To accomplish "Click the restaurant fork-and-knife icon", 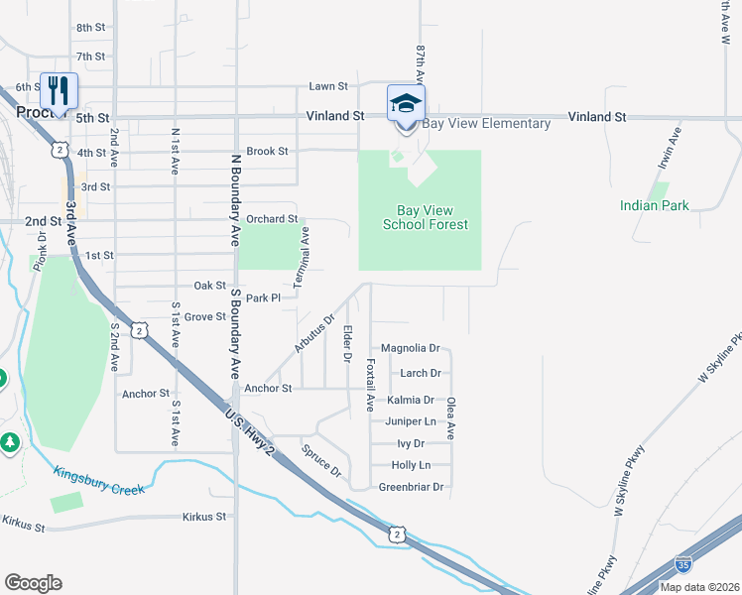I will [58, 91].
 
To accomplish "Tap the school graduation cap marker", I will [406, 103].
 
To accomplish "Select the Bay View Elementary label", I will [486, 124].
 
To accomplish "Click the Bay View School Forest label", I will [426, 217].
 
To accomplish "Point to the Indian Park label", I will [654, 205].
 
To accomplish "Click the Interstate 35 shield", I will [683, 564].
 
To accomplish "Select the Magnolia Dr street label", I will [410, 349].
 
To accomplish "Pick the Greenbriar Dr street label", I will [411, 487].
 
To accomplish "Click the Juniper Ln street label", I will [410, 421].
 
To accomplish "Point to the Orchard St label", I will [272, 219].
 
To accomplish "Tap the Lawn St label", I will [328, 87].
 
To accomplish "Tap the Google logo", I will [34, 583].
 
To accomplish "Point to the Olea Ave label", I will [451, 418].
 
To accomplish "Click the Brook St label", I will [267, 152].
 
